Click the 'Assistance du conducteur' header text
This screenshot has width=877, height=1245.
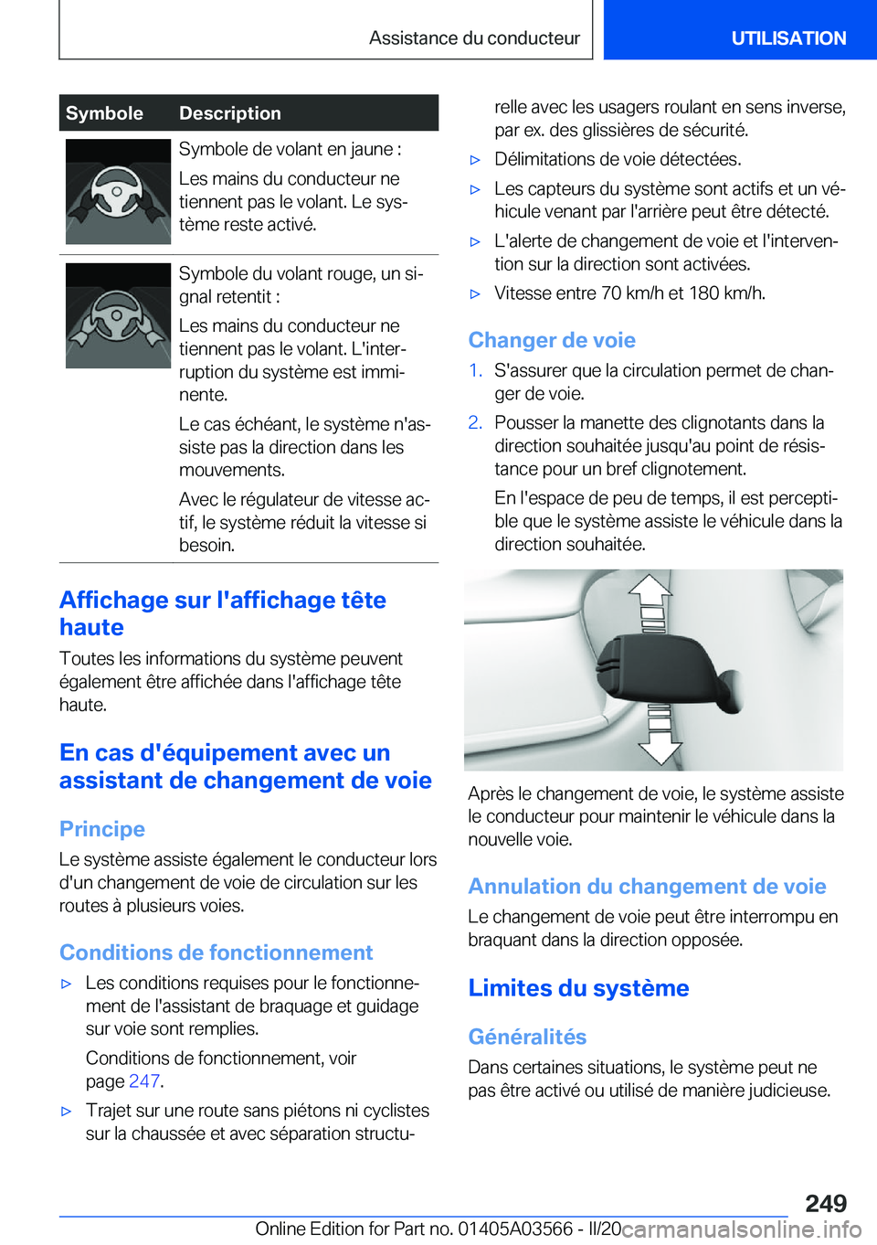(x=474, y=38)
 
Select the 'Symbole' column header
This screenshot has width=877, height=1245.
(x=104, y=113)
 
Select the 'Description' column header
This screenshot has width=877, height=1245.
(x=230, y=113)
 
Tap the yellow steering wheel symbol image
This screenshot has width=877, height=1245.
(x=118, y=192)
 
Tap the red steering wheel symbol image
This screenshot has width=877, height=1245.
(x=118, y=316)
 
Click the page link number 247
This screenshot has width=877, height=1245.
(x=144, y=1081)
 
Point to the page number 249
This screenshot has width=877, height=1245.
(x=826, y=1203)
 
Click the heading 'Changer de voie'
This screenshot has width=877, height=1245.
(x=552, y=340)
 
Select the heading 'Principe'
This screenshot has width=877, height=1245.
(x=102, y=829)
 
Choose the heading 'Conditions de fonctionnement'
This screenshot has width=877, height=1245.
(x=217, y=952)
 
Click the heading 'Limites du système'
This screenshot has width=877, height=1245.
(x=578, y=988)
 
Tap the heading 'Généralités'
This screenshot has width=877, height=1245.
(x=527, y=1037)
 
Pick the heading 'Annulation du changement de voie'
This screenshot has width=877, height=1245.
(x=647, y=887)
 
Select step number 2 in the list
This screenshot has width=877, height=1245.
(x=475, y=422)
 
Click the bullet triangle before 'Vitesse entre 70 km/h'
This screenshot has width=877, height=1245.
(x=475, y=294)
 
